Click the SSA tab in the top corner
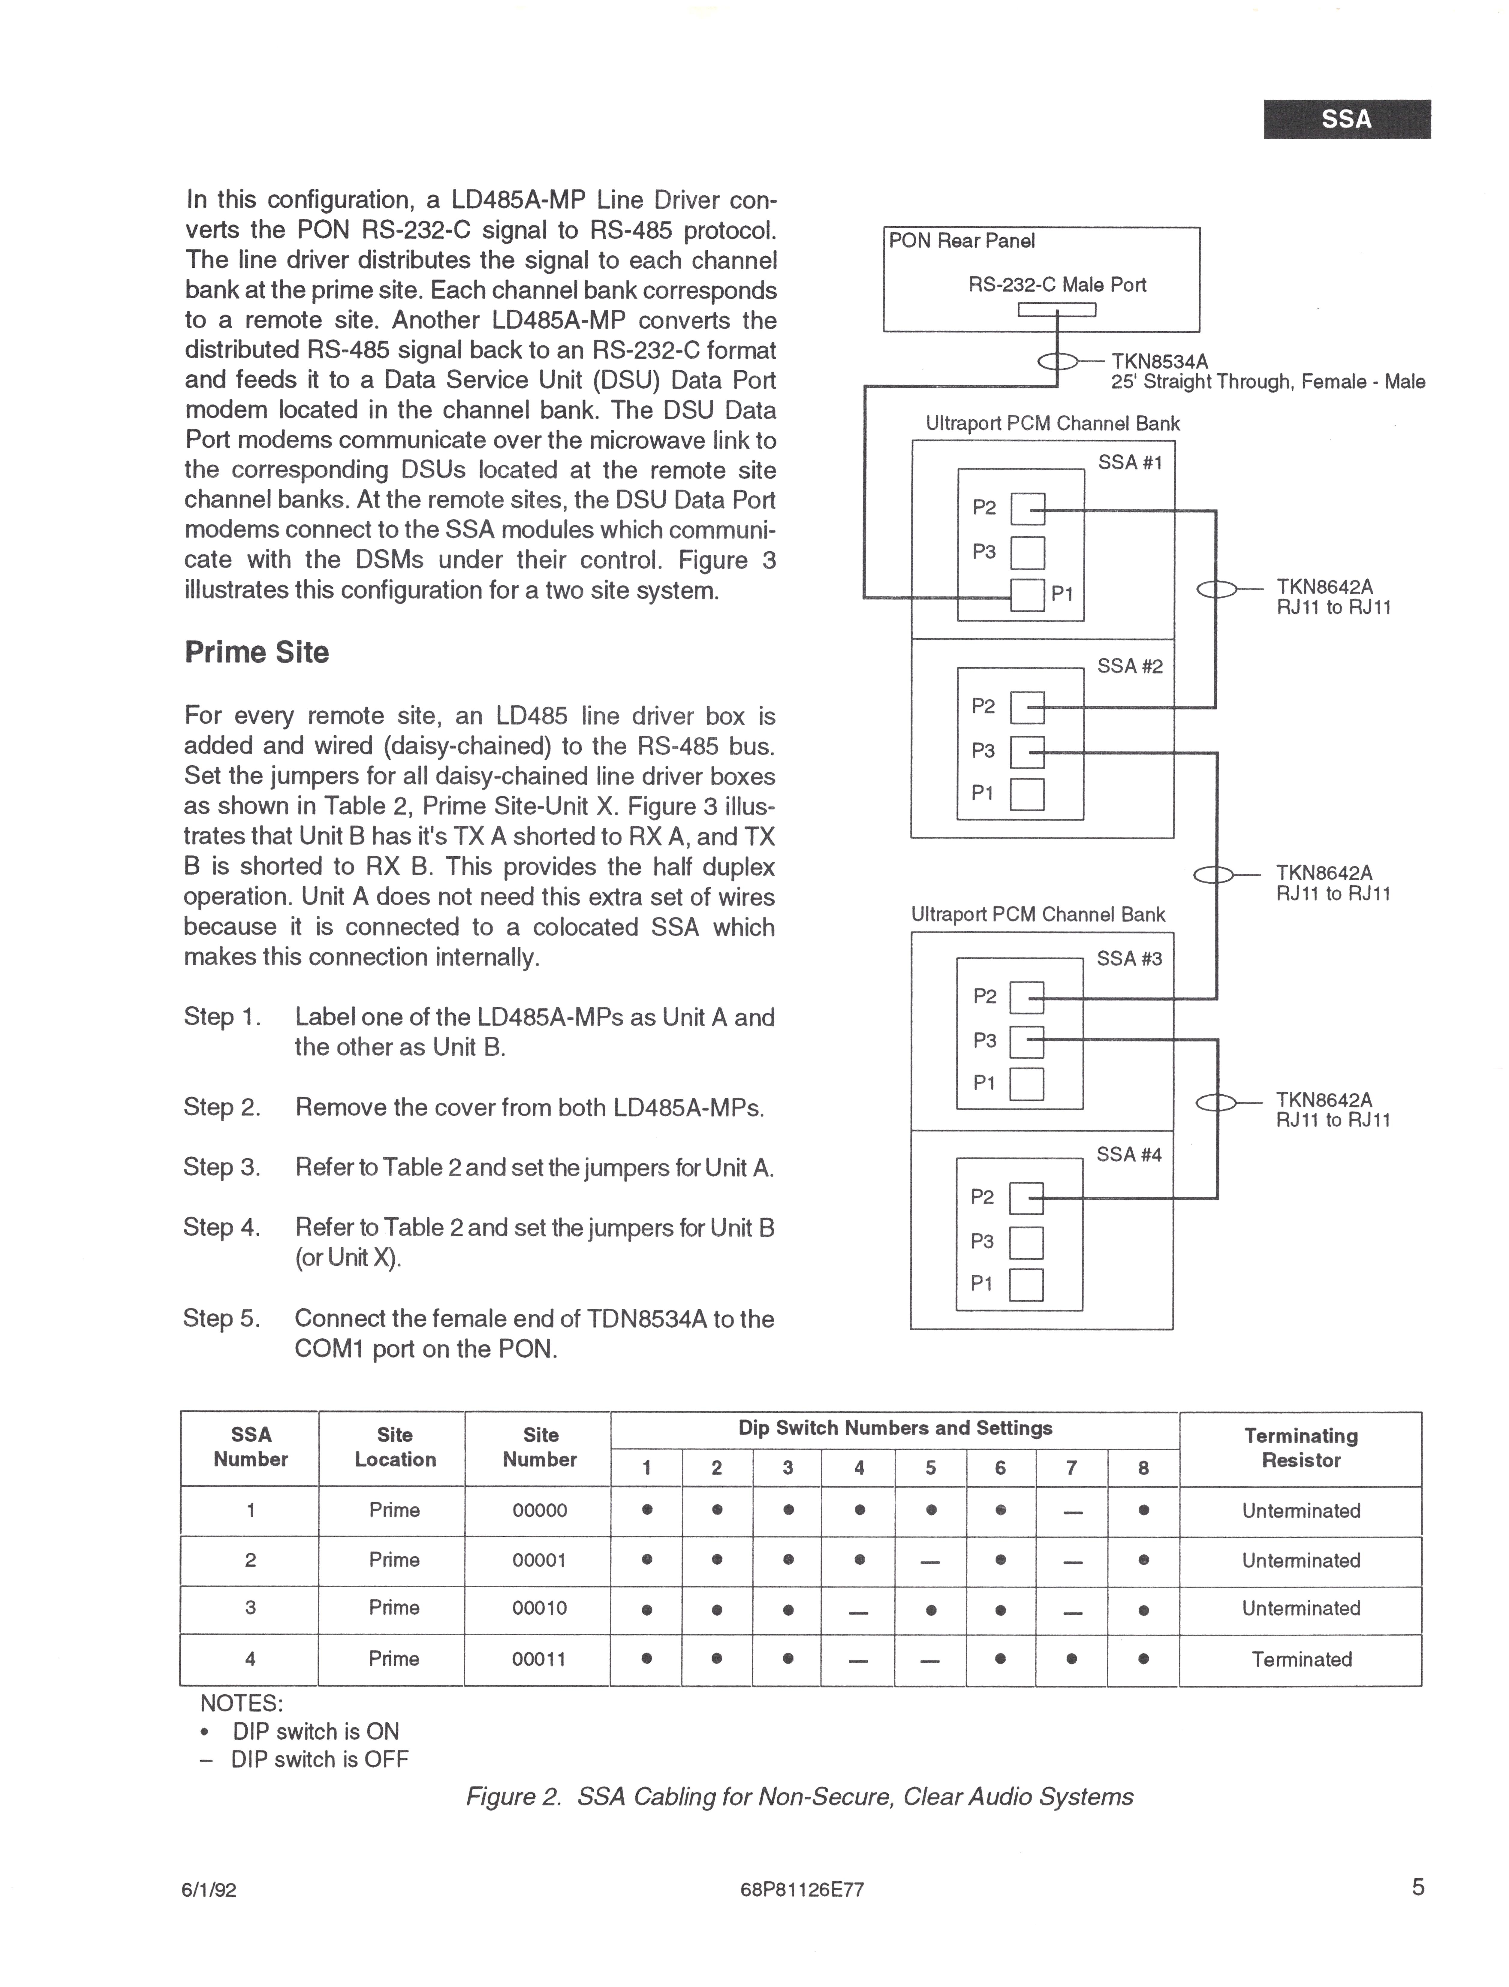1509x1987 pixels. click(1346, 119)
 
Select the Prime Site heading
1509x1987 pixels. click(257, 652)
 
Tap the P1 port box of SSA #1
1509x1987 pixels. click(1028, 595)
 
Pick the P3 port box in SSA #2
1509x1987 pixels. click(1028, 752)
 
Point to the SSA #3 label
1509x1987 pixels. click(1129, 958)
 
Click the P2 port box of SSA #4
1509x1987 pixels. click(1027, 1197)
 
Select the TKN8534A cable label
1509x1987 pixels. click(1160, 361)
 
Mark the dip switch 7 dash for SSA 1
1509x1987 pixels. click(1071, 1511)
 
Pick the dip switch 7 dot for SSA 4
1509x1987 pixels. click(1071, 1659)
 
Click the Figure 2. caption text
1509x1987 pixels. click(799, 1797)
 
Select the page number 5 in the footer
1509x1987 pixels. click(1417, 1887)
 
